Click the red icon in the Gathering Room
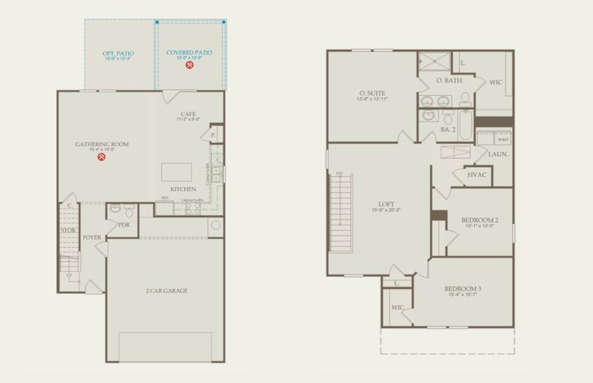101,157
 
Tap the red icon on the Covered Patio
189,65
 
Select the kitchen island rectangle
176,172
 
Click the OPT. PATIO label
118,53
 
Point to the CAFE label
188,114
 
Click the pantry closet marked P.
212,135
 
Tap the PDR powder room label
124,225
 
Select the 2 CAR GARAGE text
165,290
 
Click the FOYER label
92,237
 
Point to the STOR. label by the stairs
68,230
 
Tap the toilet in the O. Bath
465,99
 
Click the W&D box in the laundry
504,139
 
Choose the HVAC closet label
476,174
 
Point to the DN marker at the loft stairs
339,173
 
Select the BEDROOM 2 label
479,220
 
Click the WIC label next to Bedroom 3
398,307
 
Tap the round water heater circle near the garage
215,225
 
